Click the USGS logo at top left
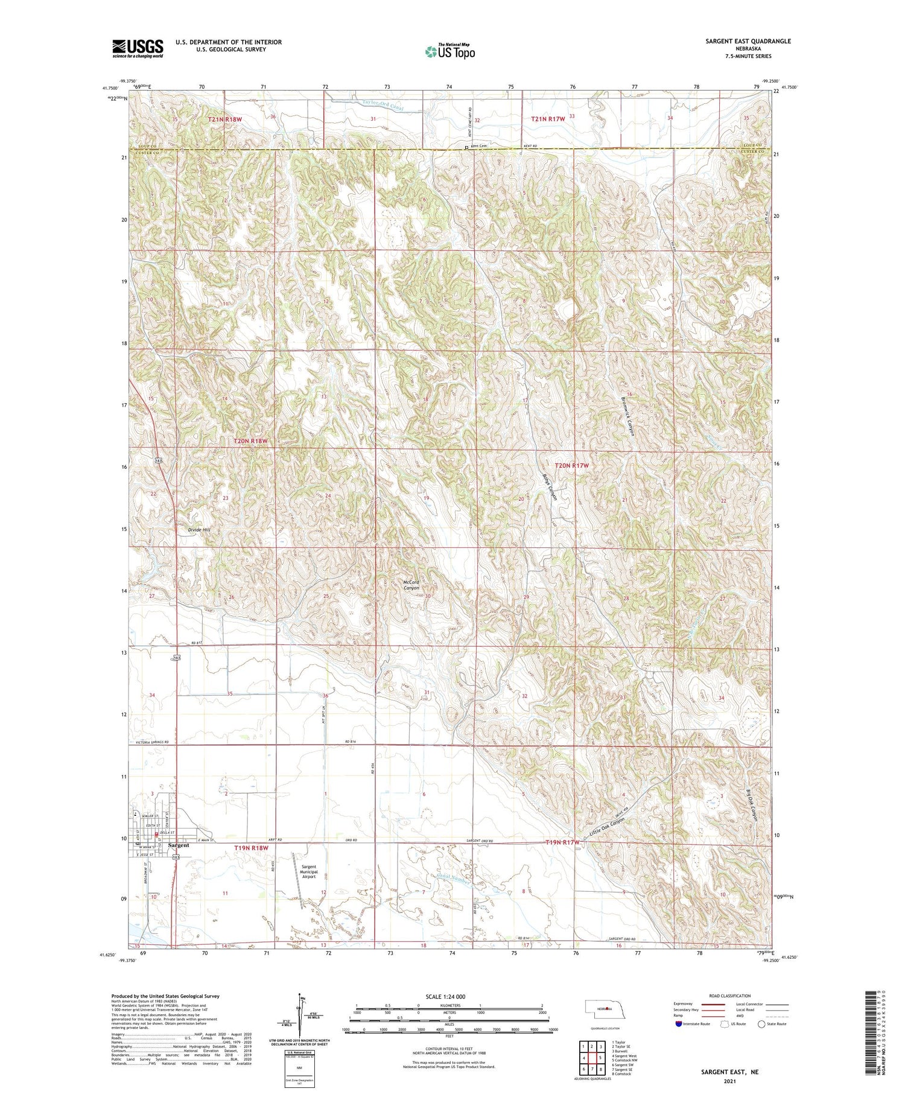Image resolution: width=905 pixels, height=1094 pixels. tap(138, 48)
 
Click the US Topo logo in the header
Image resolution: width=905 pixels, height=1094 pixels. tap(449, 52)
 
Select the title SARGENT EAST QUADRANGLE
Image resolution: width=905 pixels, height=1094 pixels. tap(740, 41)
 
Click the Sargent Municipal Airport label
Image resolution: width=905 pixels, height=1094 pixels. tap(308, 871)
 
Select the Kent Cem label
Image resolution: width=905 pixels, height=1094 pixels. tap(479, 146)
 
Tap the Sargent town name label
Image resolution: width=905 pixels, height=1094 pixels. tap(179, 845)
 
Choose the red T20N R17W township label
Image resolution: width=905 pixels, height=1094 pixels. tap(571, 465)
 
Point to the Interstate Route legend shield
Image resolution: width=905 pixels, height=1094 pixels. tap(678, 1024)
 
